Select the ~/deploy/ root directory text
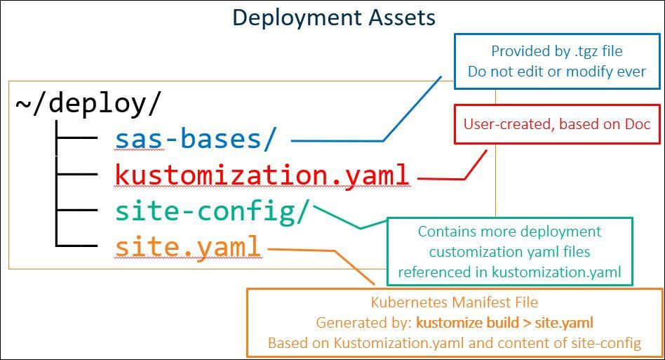[x=88, y=103]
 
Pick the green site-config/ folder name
[x=211, y=211]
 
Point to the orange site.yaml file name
[x=188, y=246]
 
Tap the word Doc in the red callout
[x=638, y=124]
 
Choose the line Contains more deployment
[x=510, y=231]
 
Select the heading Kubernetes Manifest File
[x=454, y=303]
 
